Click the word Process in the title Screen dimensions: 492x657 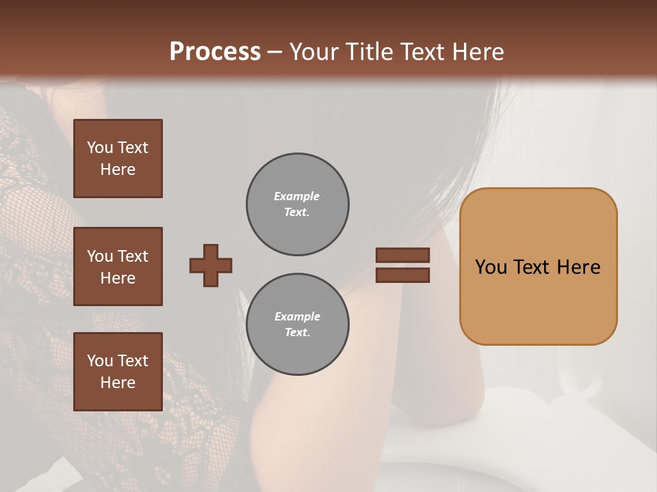click(x=215, y=51)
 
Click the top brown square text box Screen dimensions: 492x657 click(x=118, y=159)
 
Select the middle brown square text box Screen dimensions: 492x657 click(x=118, y=266)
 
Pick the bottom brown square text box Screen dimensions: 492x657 click(x=118, y=372)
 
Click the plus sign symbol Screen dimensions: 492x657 click(x=211, y=265)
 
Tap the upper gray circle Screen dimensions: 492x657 click(x=298, y=204)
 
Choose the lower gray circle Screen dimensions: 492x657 click(x=298, y=325)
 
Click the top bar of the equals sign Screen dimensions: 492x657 click(x=402, y=255)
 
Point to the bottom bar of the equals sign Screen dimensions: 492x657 click(x=402, y=275)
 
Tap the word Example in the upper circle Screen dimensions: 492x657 click(x=297, y=196)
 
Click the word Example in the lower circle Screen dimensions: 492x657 click(x=297, y=316)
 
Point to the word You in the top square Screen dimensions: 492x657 click(x=100, y=148)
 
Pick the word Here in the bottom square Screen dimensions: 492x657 click(x=118, y=383)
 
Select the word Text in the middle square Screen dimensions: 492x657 click(x=132, y=256)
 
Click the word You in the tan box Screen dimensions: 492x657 click(x=491, y=266)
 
